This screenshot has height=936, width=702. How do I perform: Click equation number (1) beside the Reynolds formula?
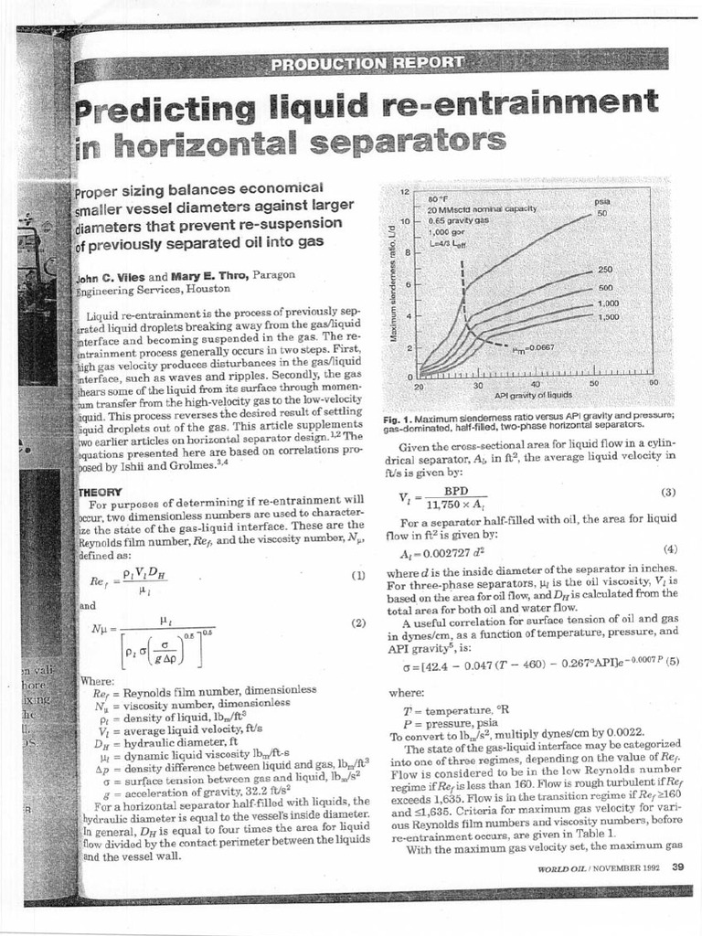point(357,576)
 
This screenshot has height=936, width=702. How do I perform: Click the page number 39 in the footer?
point(677,867)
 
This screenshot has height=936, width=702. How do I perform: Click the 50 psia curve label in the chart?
point(602,213)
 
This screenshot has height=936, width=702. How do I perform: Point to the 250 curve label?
point(604,270)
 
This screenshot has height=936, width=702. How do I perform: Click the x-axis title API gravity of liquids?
point(533,396)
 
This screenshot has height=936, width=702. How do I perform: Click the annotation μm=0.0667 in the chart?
point(532,348)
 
